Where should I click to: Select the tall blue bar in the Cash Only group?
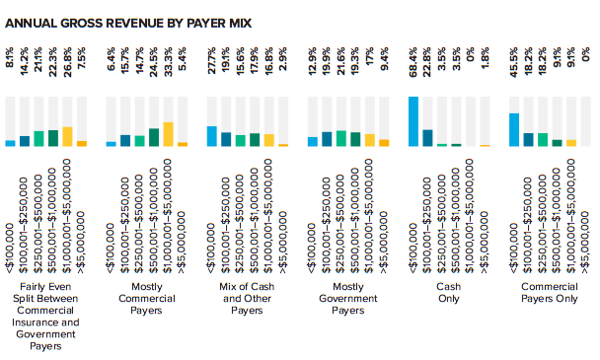413,121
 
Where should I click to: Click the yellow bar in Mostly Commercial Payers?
168,134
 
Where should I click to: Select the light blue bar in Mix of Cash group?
212,136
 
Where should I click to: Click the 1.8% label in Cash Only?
485,73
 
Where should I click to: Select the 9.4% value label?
384,72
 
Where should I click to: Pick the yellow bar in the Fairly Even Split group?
67,136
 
